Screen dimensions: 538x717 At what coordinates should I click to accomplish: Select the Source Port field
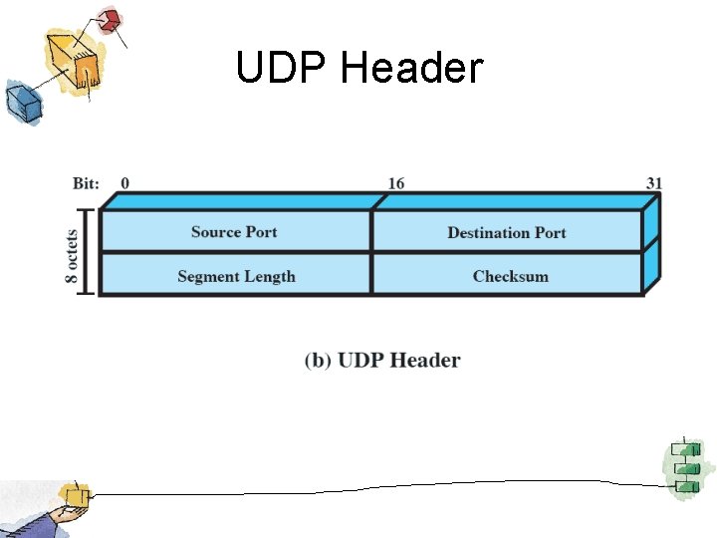[x=234, y=232]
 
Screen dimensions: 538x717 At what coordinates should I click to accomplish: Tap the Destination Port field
[x=506, y=233]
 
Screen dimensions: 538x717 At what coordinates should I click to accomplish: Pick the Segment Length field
[x=236, y=276]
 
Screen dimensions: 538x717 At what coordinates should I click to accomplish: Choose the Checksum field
[x=510, y=276]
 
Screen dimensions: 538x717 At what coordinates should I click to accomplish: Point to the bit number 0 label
[x=124, y=183]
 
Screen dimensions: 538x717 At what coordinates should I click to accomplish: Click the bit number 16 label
[x=395, y=183]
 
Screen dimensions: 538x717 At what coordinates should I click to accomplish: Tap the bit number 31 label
[x=653, y=183]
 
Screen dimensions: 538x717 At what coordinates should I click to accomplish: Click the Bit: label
[x=87, y=183]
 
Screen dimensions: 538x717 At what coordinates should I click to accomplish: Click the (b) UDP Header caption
[x=382, y=360]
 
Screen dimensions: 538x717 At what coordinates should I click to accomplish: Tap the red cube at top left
[x=109, y=20]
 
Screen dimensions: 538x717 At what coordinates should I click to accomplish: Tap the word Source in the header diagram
[x=215, y=232]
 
